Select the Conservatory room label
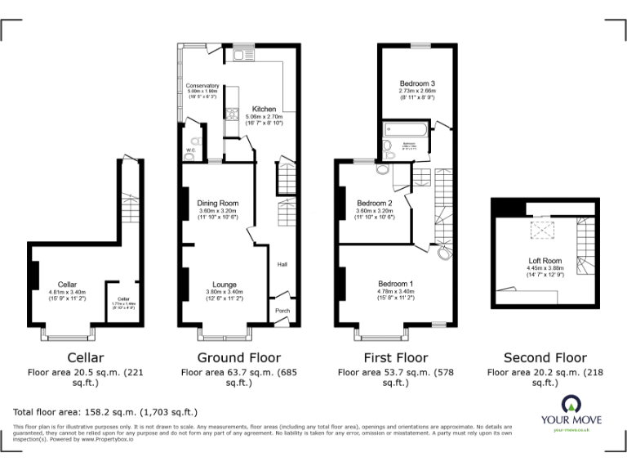coord(202,86)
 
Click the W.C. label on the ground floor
coord(189,150)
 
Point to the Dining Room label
coord(217,203)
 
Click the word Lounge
coord(217,285)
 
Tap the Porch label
coord(282,311)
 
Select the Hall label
coord(282,264)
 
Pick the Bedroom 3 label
coord(416,83)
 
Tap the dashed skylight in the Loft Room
coord(540,231)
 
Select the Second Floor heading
coord(545,357)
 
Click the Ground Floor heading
coord(238,357)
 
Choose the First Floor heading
coord(395,357)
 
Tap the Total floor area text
coord(105,411)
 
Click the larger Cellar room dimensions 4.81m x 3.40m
coord(67,291)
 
